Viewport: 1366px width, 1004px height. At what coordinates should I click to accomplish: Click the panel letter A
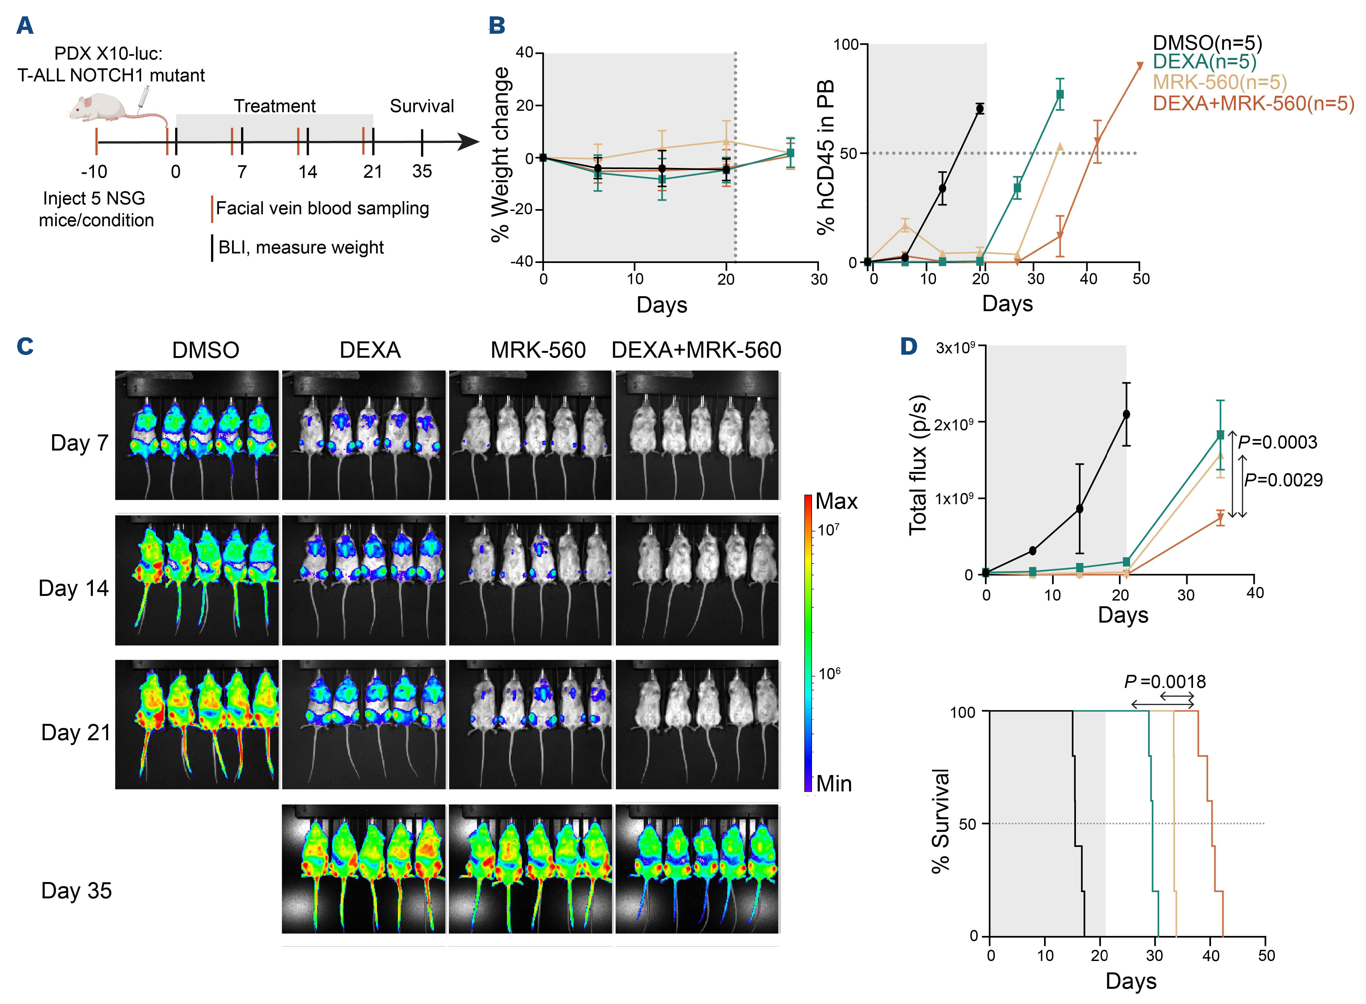click(25, 26)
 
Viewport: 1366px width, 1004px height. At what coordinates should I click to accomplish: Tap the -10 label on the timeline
click(94, 172)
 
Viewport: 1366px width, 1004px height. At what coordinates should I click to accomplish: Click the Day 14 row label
click(74, 588)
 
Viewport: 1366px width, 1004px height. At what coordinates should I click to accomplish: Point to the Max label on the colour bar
click(836, 501)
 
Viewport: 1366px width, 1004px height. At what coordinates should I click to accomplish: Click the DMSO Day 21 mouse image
click(197, 724)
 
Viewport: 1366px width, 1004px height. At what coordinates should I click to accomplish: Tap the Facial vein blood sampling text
click(322, 209)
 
